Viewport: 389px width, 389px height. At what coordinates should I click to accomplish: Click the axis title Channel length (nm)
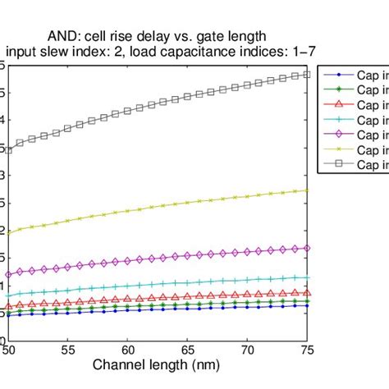[158, 364]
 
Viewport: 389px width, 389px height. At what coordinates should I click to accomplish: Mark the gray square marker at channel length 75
[306, 75]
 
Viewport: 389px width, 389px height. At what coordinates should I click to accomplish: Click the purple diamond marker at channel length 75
[306, 247]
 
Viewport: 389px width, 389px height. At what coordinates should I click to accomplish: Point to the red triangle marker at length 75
[306, 292]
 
